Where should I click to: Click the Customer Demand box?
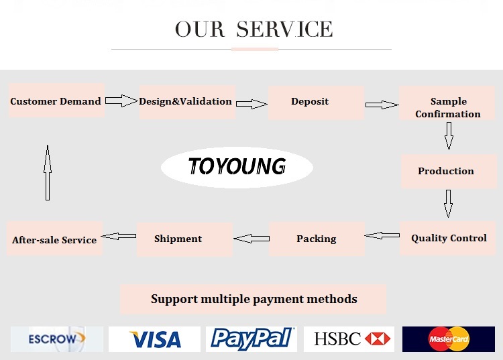click(56, 101)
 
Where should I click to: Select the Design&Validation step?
click(186, 102)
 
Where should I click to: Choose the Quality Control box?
click(447, 238)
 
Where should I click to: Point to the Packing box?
click(317, 239)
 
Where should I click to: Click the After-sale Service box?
click(55, 239)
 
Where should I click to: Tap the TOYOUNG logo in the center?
click(237, 166)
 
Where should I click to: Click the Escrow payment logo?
click(57, 339)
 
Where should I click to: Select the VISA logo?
click(154, 339)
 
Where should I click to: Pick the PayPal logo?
click(251, 339)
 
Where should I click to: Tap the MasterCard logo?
click(448, 339)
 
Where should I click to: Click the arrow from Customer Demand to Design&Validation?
click(121, 101)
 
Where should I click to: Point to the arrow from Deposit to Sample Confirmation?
click(382, 105)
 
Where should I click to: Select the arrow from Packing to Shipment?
click(251, 238)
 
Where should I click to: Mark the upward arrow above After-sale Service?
click(47, 172)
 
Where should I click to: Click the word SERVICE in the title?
click(284, 29)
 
